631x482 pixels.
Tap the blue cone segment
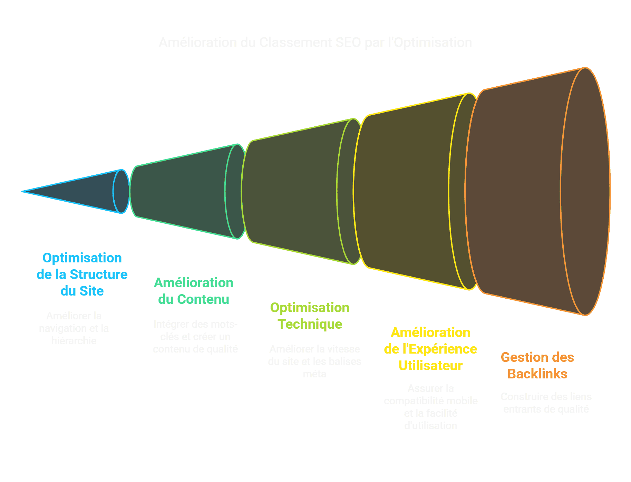click(86, 191)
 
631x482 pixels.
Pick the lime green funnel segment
click(293, 192)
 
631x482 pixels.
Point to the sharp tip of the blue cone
click(23, 191)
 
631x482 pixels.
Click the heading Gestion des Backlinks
click(537, 365)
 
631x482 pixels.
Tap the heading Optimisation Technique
click(310, 316)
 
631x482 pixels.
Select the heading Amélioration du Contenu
click(194, 291)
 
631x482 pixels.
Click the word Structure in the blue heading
click(99, 274)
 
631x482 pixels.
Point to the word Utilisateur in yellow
click(430, 365)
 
